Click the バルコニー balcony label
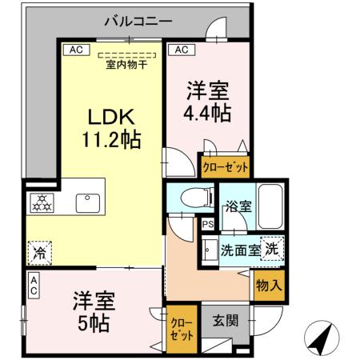(x=138, y=22)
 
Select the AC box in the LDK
(x=75, y=50)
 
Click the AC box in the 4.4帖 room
(x=182, y=50)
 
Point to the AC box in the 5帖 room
(x=34, y=286)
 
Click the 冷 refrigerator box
(x=39, y=252)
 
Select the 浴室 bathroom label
(x=238, y=206)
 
